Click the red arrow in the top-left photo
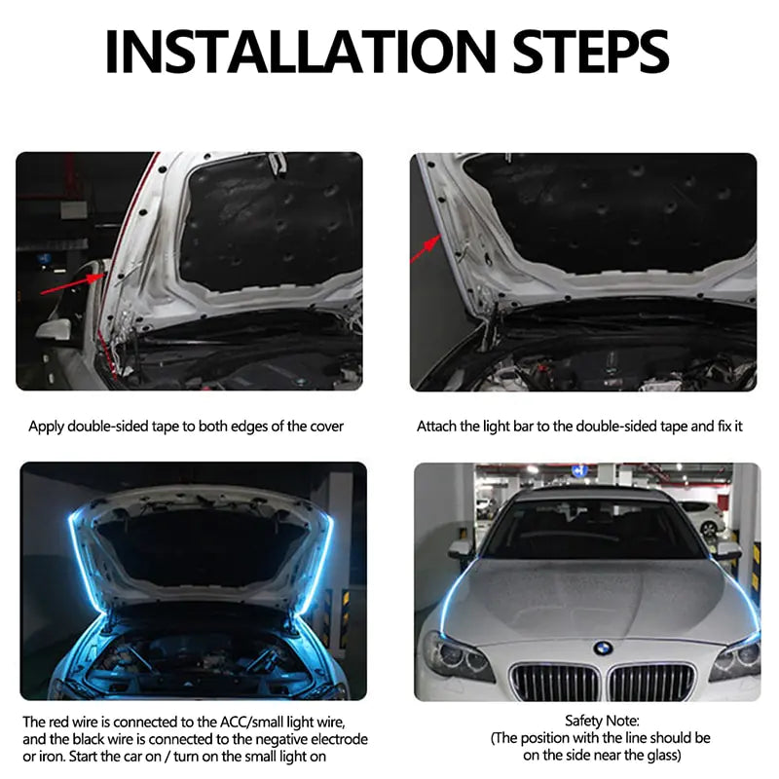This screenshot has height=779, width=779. [69, 283]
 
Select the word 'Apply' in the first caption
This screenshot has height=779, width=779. [47, 427]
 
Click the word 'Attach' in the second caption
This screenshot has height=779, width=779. [437, 427]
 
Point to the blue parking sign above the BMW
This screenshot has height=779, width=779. [580, 471]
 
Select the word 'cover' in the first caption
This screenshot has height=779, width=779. [325, 427]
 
